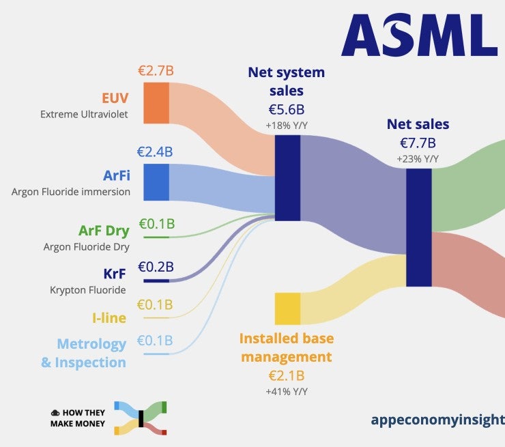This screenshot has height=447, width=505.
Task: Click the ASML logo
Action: click(x=419, y=35)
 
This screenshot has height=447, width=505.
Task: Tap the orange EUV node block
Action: click(x=156, y=102)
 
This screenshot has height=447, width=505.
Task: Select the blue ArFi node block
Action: click(x=156, y=182)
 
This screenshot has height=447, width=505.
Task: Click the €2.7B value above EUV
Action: click(x=156, y=70)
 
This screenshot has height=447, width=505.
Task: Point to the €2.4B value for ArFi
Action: click(x=155, y=152)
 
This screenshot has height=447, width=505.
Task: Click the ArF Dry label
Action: click(x=104, y=231)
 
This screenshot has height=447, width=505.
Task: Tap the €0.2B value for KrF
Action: click(x=156, y=266)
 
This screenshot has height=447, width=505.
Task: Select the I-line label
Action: click(x=109, y=317)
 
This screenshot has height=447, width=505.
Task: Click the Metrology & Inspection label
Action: click(x=84, y=353)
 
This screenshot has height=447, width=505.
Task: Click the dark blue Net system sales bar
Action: click(x=287, y=177)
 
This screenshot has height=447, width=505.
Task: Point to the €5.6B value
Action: click(x=287, y=109)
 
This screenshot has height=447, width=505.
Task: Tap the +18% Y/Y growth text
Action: click(x=287, y=126)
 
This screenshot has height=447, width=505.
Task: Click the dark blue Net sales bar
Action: click(x=418, y=227)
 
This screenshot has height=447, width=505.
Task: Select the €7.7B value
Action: click(x=418, y=143)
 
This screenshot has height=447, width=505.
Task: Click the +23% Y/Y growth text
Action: click(x=418, y=159)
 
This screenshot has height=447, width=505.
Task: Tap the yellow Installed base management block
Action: click(x=287, y=308)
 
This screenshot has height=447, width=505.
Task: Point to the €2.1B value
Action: click(x=287, y=375)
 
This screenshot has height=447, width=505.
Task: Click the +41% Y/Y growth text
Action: click(x=287, y=392)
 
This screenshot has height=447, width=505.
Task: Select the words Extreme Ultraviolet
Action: click(x=85, y=114)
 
